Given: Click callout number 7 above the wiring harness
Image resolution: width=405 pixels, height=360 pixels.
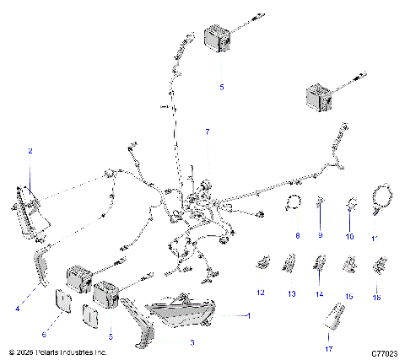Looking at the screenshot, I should click(x=205, y=132).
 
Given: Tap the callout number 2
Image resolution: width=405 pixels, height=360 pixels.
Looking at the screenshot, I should click(x=30, y=151).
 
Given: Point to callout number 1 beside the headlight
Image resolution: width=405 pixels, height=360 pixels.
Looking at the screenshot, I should click(x=248, y=314).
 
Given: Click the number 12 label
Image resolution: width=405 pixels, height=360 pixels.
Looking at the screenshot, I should click(x=261, y=292).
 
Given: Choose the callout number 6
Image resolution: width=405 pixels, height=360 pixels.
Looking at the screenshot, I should click(x=57, y=335).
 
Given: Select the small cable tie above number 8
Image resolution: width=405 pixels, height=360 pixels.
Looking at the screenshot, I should click(x=295, y=201).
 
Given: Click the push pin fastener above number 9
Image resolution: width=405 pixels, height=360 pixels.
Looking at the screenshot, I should click(x=321, y=202).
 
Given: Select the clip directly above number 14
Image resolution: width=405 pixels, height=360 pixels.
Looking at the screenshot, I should click(x=321, y=266).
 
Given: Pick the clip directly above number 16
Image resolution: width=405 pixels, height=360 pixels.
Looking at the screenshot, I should click(x=377, y=267).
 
